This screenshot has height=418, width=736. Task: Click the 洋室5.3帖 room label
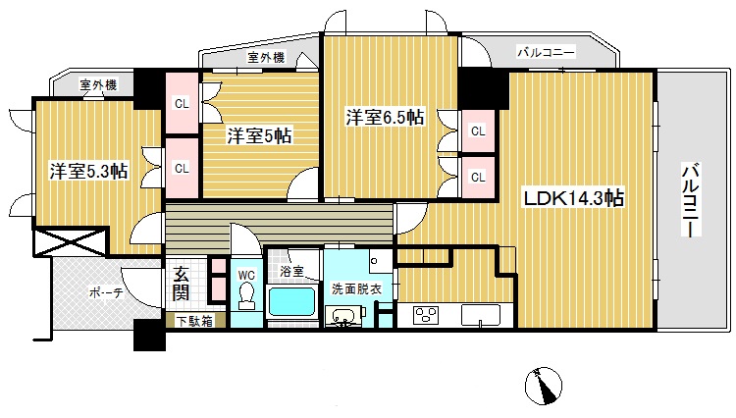89,171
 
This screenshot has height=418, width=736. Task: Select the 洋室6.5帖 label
384,117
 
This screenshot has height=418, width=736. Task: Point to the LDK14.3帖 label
572,198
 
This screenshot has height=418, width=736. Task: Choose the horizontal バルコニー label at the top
546,53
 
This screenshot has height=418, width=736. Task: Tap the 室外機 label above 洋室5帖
266,58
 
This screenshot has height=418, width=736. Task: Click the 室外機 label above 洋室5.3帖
98,85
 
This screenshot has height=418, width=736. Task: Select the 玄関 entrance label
183,283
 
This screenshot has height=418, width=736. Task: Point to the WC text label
245,275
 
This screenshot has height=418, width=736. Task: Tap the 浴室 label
290,270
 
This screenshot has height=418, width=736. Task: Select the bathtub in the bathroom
290,304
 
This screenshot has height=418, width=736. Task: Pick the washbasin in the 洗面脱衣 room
344,316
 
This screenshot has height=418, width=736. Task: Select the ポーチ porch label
105,293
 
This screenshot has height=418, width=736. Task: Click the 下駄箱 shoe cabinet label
195,320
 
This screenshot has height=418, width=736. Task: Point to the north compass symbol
543,385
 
